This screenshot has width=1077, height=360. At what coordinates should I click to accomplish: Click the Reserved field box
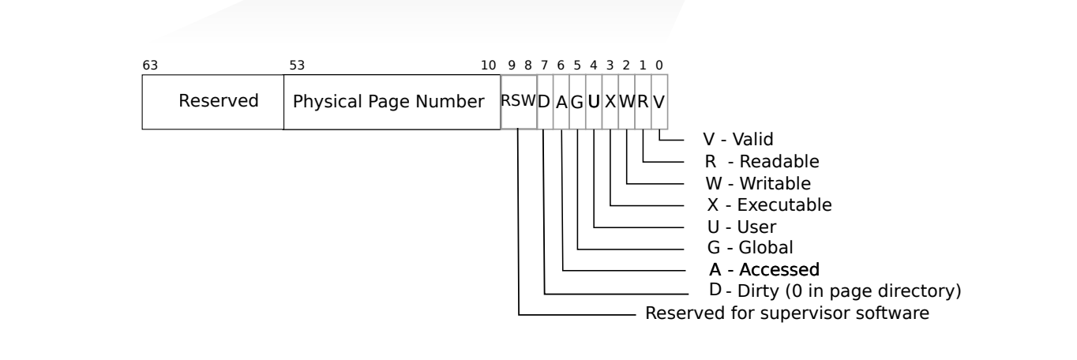(x=212, y=102)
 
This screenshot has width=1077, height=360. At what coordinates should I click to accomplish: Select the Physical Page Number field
(x=392, y=102)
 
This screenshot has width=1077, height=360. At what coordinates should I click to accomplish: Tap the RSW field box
(x=518, y=102)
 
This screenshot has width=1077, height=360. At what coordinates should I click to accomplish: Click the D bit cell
(x=544, y=102)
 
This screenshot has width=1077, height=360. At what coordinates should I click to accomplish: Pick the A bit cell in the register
(x=561, y=102)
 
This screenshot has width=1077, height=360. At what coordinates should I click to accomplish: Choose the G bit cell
(x=577, y=102)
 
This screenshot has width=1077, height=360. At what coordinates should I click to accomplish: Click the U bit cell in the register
(x=594, y=102)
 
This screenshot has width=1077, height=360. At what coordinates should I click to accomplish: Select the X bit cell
(x=610, y=102)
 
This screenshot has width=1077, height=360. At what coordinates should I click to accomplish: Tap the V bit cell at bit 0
(x=659, y=102)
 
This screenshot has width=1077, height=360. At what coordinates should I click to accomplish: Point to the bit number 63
(x=149, y=66)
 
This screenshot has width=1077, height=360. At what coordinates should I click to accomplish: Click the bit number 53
(x=297, y=66)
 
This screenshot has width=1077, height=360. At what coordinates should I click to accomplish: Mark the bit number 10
(x=488, y=66)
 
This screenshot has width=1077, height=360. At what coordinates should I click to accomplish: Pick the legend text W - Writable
(x=758, y=184)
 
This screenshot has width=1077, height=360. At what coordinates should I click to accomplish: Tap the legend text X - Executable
(x=770, y=205)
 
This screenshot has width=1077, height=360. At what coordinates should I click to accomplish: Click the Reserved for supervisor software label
(x=787, y=313)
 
